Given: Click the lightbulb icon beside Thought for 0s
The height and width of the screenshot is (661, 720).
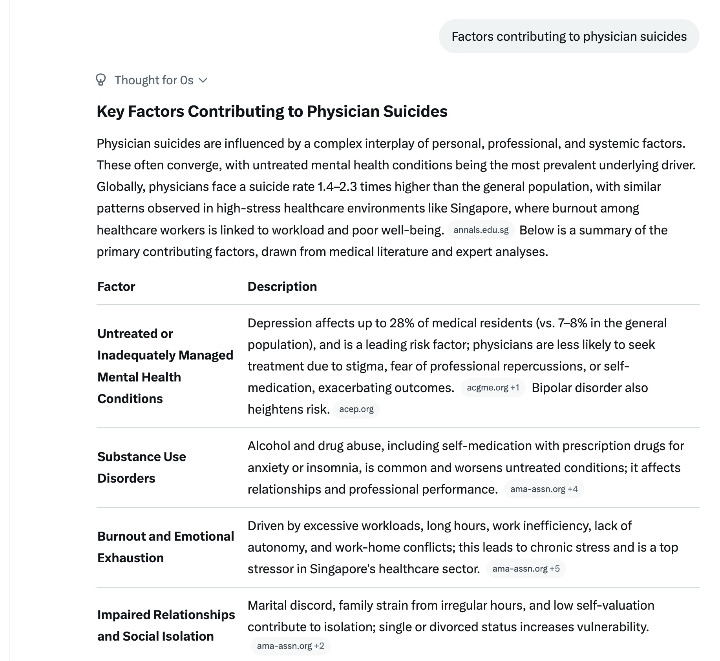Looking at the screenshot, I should coord(101,80).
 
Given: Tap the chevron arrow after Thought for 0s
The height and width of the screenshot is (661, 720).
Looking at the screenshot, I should coord(203,80).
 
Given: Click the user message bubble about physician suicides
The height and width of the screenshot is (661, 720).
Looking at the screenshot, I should coord(569,36).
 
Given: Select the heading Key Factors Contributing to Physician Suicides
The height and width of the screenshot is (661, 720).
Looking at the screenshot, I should coord(272,111).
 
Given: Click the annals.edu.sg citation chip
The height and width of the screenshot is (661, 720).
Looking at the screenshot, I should coord(481,230).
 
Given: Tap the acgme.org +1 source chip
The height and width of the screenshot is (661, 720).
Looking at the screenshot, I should coord(493,388).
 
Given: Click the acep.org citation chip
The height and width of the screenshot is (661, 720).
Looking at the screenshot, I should coord(356,409).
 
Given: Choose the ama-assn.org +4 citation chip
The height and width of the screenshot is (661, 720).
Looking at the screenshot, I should coord(544,489).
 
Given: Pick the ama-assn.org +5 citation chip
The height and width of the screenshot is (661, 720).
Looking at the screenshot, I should coord(526,569).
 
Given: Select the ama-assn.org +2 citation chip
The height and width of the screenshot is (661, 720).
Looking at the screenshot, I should coord(290,646).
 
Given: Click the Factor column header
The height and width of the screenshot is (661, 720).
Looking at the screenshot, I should coord(116,287).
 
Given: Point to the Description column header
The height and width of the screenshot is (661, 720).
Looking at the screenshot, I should coord(282,287).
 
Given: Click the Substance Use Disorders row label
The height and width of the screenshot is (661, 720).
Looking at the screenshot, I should coord(141,467).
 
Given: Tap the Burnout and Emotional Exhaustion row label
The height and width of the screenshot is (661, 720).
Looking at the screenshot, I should coord(165,547).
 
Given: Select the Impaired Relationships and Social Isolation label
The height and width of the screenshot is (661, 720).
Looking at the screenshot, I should coord(166,625).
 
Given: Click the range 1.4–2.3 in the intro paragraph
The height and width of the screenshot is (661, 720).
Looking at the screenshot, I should coord(337,187).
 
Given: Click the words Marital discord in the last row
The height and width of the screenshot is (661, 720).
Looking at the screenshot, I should coord(291,605).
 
